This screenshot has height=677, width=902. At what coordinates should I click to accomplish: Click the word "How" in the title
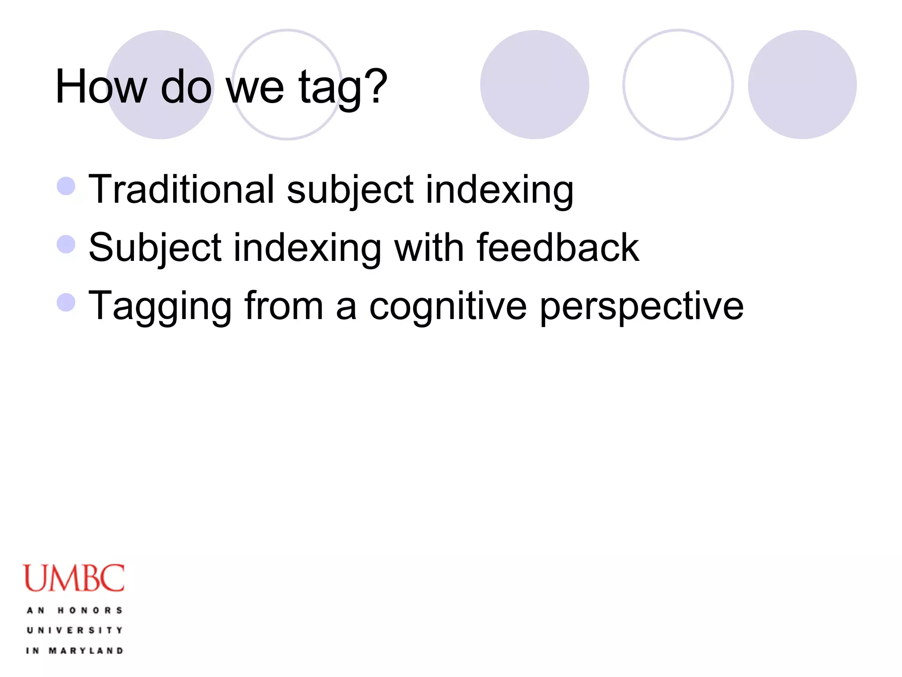pos(100,87)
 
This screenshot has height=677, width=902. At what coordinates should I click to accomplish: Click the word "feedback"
pos(558,248)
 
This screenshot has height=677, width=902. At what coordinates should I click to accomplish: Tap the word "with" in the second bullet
pos(429,248)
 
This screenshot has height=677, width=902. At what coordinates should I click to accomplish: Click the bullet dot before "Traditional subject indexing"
pos(66,186)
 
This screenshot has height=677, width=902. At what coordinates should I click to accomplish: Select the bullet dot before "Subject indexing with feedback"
pos(66,244)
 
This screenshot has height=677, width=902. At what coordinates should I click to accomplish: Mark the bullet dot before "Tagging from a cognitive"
pos(66,302)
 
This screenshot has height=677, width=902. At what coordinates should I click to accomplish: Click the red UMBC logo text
pos(74,578)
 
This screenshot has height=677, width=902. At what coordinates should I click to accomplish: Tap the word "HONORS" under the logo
pos(90,610)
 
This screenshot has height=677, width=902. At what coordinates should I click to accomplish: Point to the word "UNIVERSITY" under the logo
pos(74,630)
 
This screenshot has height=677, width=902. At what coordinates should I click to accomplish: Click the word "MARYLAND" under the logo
pos(86,651)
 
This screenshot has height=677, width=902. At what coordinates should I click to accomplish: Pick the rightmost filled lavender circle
pos(802,85)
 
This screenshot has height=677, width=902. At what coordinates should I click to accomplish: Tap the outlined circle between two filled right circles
pos(678,85)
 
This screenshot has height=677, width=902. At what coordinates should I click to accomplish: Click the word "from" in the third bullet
pos(284,306)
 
